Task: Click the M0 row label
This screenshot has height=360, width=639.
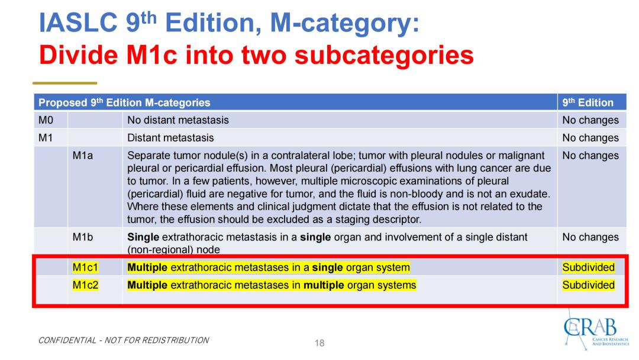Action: pyautogui.click(x=46, y=120)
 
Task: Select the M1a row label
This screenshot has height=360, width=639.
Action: pyautogui.click(x=83, y=155)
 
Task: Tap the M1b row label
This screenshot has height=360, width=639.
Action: pyautogui.click(x=83, y=237)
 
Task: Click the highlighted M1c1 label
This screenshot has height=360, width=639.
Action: pyautogui.click(x=85, y=268)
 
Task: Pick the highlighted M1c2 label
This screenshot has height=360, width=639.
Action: pyautogui.click(x=85, y=285)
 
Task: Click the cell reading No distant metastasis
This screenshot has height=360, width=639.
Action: pyautogui.click(x=178, y=120)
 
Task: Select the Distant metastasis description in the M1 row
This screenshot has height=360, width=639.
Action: pyautogui.click(x=170, y=138)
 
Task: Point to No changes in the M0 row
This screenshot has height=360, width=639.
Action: pyautogui.click(x=590, y=120)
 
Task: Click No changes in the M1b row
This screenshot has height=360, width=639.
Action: pyautogui.click(x=590, y=237)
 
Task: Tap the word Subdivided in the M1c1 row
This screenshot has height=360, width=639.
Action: pyautogui.click(x=589, y=268)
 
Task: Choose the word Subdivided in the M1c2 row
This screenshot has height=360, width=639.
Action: pyautogui.click(x=589, y=285)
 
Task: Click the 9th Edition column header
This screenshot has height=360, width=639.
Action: pyautogui.click(x=588, y=102)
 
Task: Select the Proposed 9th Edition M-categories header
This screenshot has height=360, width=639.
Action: pyautogui.click(x=124, y=102)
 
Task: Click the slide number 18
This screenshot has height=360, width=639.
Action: pyautogui.click(x=319, y=343)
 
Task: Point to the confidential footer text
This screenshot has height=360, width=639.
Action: pyautogui.click(x=124, y=340)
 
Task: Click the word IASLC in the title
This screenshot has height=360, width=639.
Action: pyautogui.click(x=78, y=23)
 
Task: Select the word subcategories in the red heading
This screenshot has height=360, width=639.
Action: pyautogui.click(x=384, y=55)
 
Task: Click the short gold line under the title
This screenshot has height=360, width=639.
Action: pyautogui.click(x=65, y=83)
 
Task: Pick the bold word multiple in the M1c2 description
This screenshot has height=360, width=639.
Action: pyautogui.click(x=324, y=285)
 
